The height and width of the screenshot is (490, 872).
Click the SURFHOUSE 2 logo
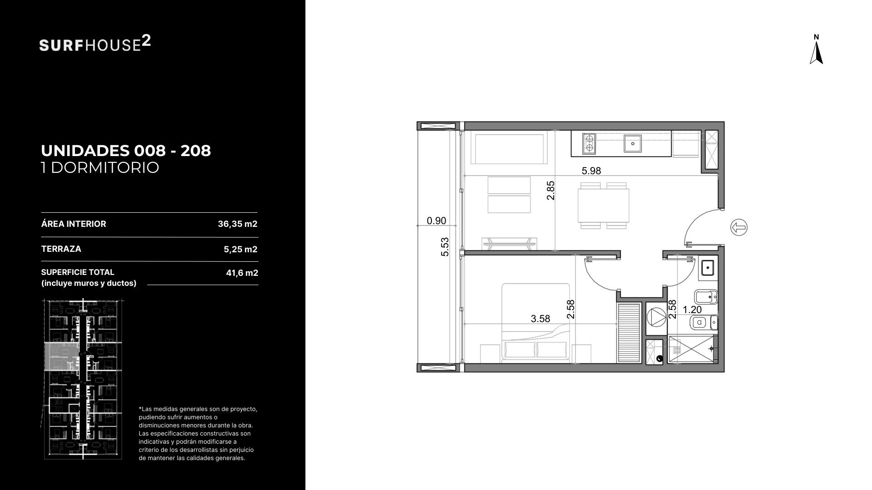point(95,44)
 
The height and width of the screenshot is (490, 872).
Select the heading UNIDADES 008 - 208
point(126,151)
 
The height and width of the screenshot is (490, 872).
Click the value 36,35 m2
point(238,224)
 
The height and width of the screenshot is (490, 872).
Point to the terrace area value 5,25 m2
point(240,249)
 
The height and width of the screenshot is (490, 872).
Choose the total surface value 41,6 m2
point(242,273)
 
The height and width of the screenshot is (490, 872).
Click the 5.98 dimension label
point(591,171)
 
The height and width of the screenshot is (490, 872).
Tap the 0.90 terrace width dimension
point(436,221)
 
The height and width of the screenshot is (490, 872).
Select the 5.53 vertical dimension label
point(445,247)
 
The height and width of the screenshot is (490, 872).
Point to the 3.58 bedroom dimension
point(540,319)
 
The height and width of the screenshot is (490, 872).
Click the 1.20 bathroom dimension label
point(692,310)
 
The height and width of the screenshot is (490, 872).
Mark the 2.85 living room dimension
point(550,191)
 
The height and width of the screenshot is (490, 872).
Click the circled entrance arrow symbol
point(739,227)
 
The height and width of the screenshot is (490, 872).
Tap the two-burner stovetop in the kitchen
point(589,143)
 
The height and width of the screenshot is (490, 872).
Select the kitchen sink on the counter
point(633,143)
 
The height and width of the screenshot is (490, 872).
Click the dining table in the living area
point(604,206)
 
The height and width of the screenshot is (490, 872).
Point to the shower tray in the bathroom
point(691,349)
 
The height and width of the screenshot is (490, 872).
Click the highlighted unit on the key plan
point(62,357)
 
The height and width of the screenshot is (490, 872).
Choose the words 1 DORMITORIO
point(100,168)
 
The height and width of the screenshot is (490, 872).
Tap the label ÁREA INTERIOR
point(74,224)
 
